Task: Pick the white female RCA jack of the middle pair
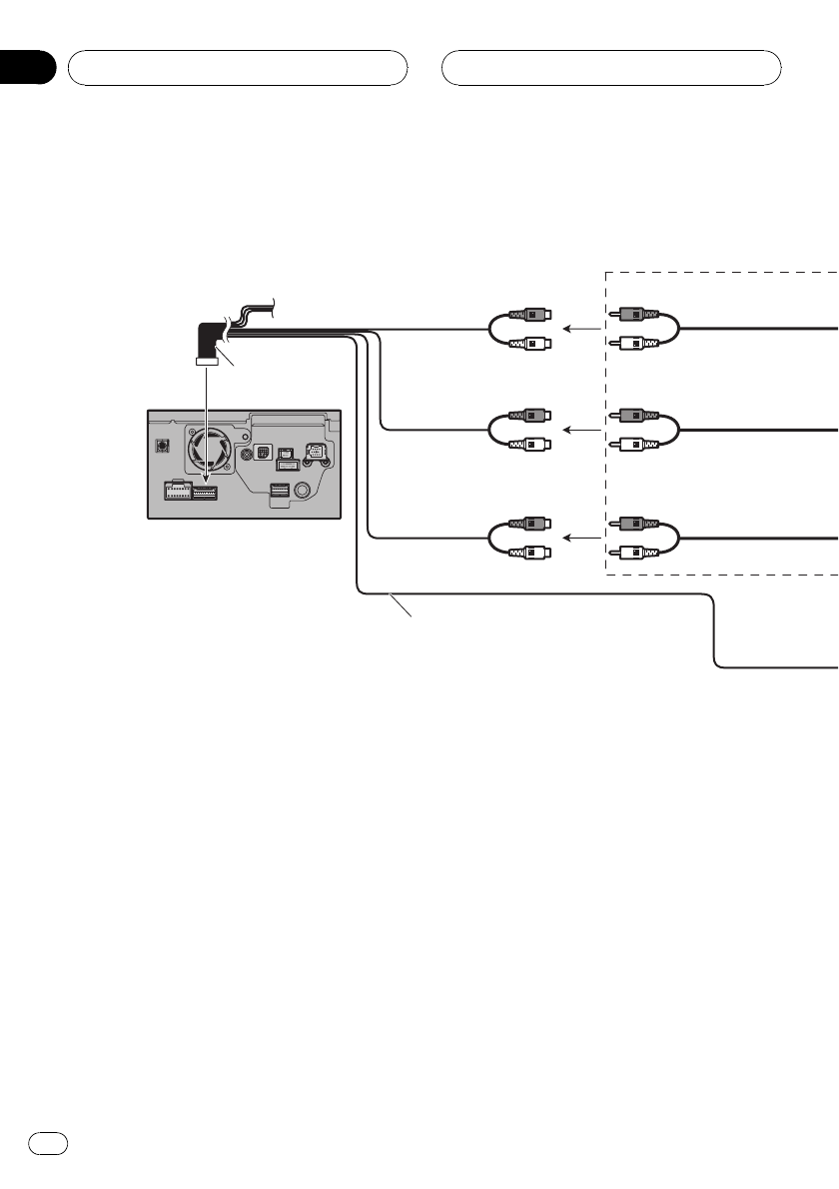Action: pyautogui.click(x=530, y=445)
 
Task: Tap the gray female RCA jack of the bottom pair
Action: pyautogui.click(x=530, y=524)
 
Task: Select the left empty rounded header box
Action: pyautogui.click(x=237, y=69)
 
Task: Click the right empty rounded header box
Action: pyautogui.click(x=611, y=69)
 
